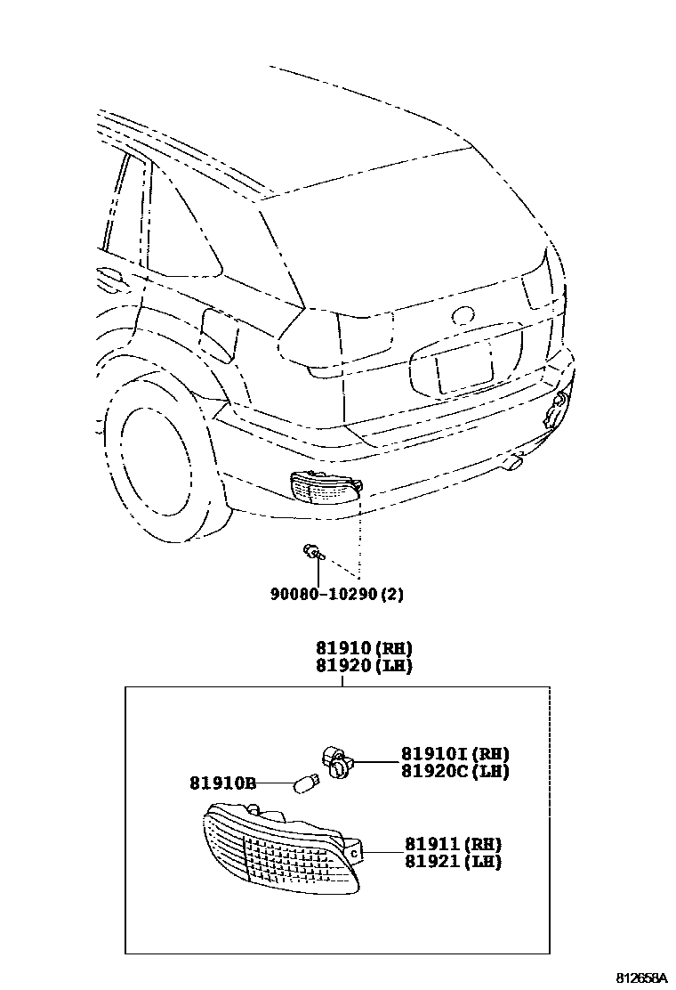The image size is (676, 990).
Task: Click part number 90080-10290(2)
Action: point(337,594)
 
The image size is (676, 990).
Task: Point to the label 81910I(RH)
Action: point(455,753)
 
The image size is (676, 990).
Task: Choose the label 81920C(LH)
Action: point(455,771)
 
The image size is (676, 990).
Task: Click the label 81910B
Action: point(222,783)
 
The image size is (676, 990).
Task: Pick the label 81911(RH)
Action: point(453,844)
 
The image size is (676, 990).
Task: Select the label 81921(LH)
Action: point(453,862)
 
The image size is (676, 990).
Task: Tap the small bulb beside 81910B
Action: point(305,784)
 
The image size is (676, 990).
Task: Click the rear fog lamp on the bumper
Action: point(326,486)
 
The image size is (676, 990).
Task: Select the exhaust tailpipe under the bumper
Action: point(513,460)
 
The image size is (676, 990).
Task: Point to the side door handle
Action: point(110,278)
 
